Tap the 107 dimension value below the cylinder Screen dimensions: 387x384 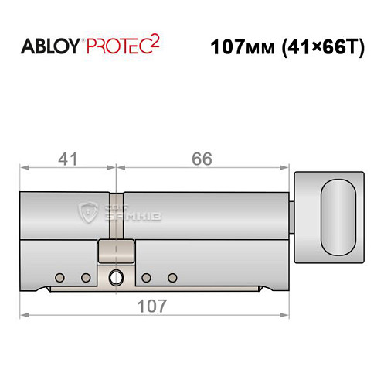tap(151, 306)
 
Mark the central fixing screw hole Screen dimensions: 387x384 tap(117, 277)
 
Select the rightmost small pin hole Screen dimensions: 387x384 tap(172, 277)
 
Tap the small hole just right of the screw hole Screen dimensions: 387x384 tap(145, 277)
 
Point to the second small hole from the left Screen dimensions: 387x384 tap(86, 277)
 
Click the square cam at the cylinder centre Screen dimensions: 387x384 tap(117, 252)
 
